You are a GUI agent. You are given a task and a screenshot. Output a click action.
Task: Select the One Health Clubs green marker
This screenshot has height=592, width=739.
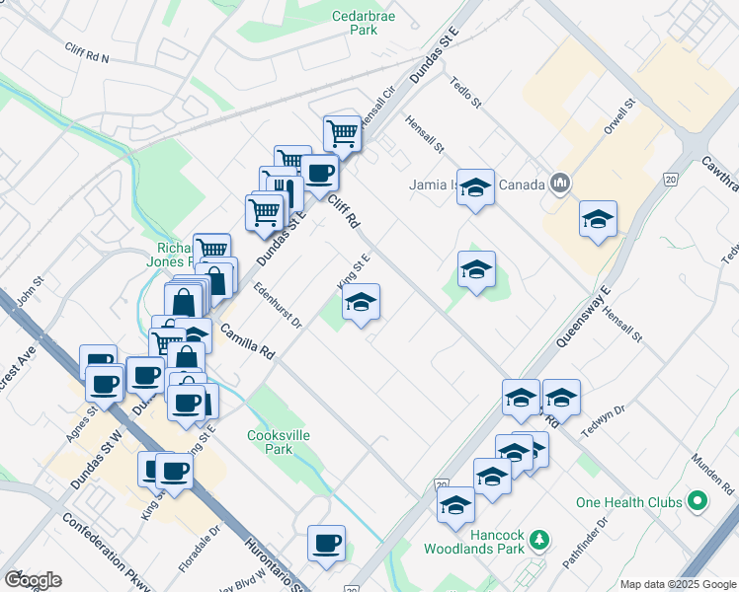pos(698,502)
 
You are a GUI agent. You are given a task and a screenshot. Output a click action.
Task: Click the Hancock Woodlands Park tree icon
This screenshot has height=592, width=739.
pos(538,539)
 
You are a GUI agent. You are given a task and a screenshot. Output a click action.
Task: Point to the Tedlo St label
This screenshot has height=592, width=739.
pos(464,92)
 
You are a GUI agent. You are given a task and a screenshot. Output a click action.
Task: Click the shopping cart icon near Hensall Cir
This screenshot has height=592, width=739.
pos(342,132)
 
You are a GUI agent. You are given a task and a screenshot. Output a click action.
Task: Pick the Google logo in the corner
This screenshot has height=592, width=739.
pos(33,580)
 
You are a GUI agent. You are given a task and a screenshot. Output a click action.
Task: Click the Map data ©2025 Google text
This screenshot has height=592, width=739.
pos(677,584)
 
